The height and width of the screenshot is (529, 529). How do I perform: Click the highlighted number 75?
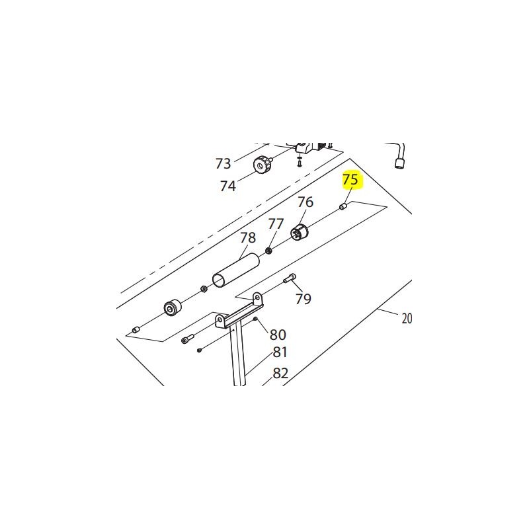350,180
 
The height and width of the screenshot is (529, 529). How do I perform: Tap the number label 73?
224,163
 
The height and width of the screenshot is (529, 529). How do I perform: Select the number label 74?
227,186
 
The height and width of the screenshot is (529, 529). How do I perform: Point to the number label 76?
305,202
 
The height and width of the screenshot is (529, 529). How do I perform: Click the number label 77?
276,224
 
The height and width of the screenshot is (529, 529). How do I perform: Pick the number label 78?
247,237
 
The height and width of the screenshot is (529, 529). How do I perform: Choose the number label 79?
303,299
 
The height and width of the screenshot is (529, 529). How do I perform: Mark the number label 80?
278,335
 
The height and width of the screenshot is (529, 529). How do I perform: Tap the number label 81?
280,352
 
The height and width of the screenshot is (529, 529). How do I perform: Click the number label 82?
281,373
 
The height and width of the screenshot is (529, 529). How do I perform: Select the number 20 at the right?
407,319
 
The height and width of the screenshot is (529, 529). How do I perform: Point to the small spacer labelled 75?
343,207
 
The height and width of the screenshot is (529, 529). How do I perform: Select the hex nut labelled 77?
269,251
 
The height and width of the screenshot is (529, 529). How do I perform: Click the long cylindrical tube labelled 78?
235,270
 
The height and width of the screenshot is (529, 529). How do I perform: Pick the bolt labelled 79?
290,280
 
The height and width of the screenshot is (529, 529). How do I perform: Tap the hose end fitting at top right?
400,163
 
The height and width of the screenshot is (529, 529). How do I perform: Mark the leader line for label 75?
347,196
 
